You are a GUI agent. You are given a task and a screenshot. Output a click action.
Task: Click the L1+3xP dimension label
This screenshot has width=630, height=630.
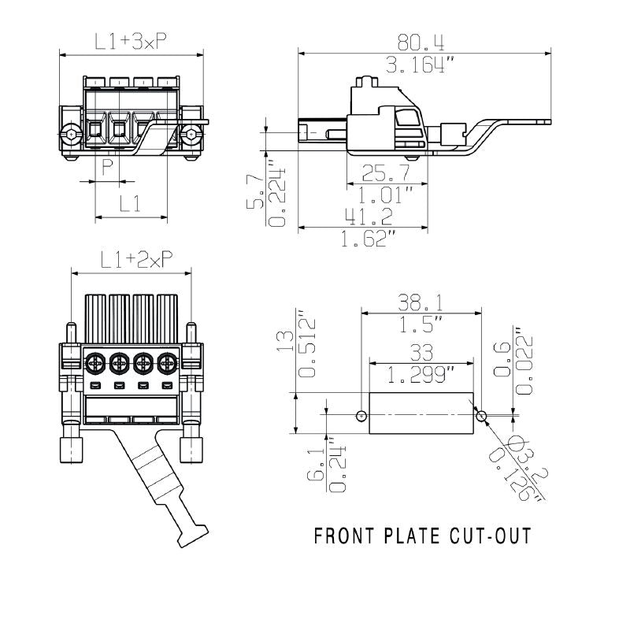[x=131, y=43]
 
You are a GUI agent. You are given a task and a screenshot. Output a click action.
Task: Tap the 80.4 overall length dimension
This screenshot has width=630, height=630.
[x=424, y=42]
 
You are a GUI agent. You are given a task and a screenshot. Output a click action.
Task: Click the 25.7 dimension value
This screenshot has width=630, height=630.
[x=386, y=174]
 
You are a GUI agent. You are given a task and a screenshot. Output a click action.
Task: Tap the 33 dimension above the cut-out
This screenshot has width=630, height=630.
[x=421, y=352]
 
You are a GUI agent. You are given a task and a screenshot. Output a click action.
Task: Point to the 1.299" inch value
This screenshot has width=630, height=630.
[x=421, y=375]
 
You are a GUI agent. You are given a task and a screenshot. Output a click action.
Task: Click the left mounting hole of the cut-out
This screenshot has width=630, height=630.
[x=361, y=415]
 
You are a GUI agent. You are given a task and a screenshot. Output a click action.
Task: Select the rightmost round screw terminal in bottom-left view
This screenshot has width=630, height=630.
[x=166, y=364]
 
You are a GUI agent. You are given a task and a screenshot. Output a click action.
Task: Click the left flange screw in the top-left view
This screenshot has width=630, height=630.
[x=72, y=136]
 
